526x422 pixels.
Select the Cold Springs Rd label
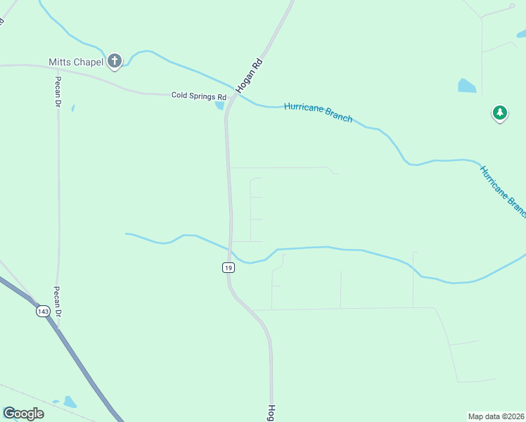199,96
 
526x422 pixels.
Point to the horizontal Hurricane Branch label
318,112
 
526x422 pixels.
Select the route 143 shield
43,312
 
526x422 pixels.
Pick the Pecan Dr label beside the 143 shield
59,302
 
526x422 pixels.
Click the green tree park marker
499,113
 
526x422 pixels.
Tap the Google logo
23,414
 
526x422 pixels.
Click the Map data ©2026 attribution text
496,416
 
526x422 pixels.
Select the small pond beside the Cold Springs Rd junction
220,106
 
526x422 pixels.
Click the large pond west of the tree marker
467,87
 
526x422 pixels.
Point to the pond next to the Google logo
70,402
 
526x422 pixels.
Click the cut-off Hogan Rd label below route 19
271,413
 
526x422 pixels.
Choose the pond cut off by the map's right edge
521,32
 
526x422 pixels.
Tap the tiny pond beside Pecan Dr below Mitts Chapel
72,108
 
